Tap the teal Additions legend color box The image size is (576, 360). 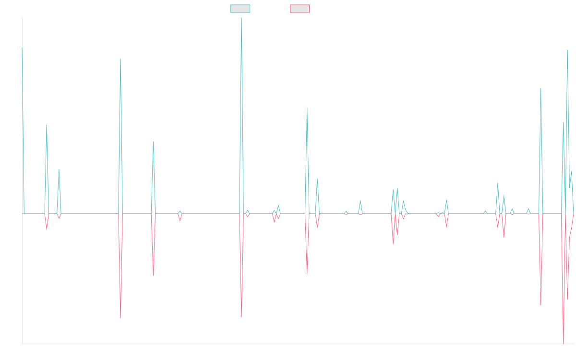click(x=240, y=9)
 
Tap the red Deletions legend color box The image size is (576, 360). click(x=300, y=9)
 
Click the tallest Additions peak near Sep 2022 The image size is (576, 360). click(x=241, y=18)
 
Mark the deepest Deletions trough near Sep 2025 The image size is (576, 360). click(x=564, y=342)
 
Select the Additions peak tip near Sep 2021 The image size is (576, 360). click(x=120, y=59)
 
